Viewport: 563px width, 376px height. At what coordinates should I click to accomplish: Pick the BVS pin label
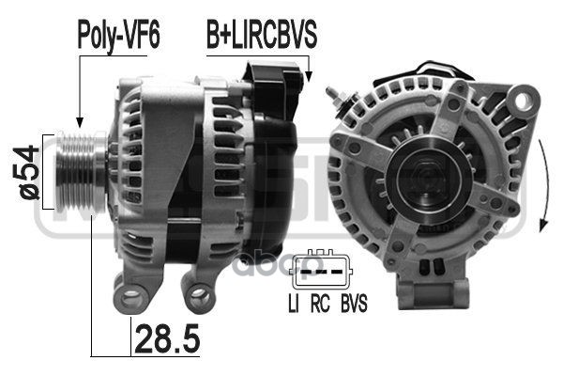pos(354,304)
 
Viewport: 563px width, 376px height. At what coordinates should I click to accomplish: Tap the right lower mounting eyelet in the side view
pos(198,299)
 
